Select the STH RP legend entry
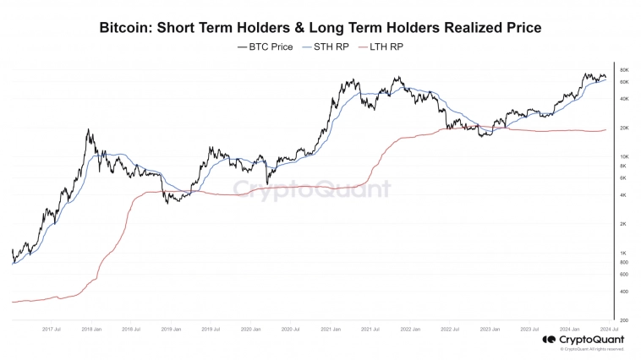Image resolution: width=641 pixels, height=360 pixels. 326,47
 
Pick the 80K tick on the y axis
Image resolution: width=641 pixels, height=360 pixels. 624,70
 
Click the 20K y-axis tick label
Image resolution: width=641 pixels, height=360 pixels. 624,128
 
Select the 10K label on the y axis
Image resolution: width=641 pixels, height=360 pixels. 624,157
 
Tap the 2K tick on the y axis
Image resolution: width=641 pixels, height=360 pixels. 623,224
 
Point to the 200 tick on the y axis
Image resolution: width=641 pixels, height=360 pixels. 623,320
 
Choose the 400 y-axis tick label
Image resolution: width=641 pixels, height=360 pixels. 623,292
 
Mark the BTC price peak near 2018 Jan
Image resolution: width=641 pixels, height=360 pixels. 88,130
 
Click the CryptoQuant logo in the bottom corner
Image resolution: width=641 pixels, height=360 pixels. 583,340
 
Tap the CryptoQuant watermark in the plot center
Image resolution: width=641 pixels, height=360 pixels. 311,189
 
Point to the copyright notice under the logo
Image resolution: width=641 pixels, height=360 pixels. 591,348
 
